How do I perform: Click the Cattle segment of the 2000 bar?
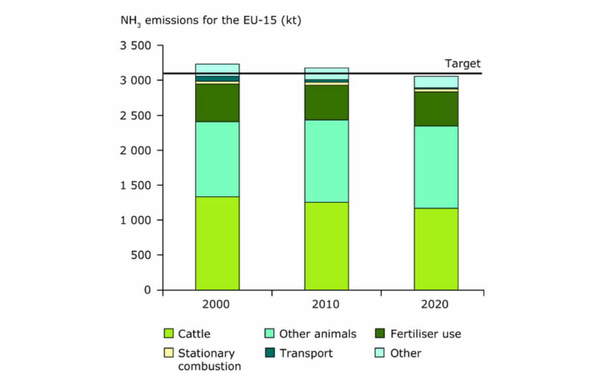click(217, 243)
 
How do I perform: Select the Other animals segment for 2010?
click(326, 161)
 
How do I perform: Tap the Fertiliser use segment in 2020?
click(436, 109)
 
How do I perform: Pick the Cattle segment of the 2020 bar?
click(436, 249)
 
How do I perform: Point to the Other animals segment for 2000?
click(217, 159)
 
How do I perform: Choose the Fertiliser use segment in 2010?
click(326, 102)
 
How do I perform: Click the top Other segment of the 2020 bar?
click(436, 82)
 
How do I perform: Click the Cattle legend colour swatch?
click(169, 333)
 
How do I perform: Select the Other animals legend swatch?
click(269, 333)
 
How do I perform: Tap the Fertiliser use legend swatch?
click(381, 333)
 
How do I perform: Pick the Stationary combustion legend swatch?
click(169, 353)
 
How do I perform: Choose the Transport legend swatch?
click(269, 353)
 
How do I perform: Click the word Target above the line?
click(463, 64)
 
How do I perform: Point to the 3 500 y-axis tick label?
click(135, 46)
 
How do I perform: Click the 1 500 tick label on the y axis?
click(135, 185)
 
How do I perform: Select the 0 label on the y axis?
click(147, 290)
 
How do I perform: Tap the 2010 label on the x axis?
click(326, 304)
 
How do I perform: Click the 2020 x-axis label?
click(436, 304)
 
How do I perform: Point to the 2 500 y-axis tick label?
click(135, 116)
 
